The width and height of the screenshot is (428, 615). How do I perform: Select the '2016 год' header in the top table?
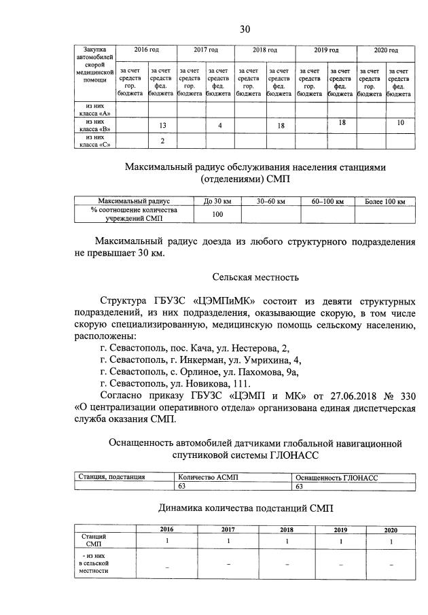[146, 51]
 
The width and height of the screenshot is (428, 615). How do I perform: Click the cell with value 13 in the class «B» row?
[162, 126]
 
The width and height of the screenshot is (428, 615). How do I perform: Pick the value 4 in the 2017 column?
[220, 126]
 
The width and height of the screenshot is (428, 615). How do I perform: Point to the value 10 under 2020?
[400, 122]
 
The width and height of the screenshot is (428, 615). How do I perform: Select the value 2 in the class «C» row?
[162, 141]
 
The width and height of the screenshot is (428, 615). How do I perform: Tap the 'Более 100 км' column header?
[385, 201]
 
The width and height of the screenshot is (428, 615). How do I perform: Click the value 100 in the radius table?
[218, 214]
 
